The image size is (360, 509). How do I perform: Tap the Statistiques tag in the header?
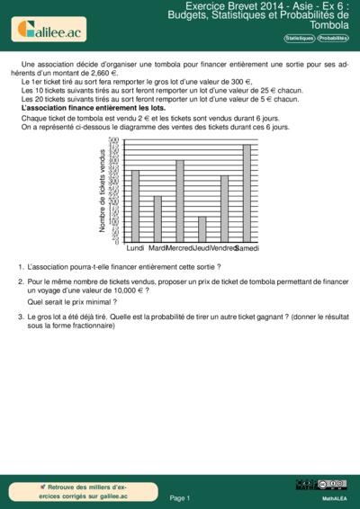[299, 39]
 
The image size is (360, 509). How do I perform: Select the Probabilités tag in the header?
[332, 39]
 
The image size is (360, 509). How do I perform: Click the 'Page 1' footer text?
[180, 497]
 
